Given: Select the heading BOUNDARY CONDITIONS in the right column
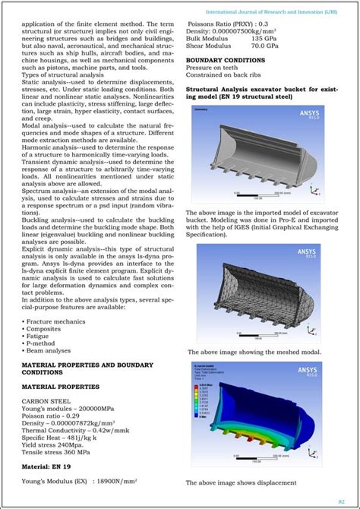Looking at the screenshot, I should coord(225,60).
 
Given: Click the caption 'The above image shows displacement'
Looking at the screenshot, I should coord(241,483).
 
